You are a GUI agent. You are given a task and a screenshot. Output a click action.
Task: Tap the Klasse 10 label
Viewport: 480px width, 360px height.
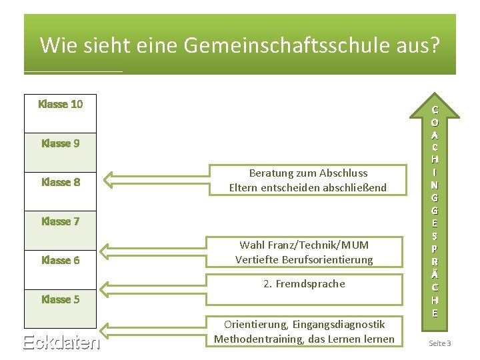(x=61, y=104)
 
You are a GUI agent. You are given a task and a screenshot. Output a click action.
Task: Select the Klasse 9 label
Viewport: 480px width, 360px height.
(x=61, y=143)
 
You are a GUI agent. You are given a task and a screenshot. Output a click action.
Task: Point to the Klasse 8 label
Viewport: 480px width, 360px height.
(x=61, y=182)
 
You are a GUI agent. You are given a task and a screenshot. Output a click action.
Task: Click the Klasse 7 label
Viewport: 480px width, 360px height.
(x=61, y=221)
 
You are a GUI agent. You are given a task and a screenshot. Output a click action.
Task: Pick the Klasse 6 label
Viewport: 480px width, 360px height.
(x=61, y=260)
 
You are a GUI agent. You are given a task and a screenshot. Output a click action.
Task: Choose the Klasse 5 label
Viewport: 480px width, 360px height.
(x=61, y=299)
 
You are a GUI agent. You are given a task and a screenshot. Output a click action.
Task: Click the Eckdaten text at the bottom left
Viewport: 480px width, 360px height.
(x=61, y=343)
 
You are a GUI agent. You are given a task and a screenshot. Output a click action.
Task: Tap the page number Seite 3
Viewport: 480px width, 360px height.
(x=440, y=343)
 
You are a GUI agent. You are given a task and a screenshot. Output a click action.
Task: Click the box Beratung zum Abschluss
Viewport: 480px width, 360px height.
(x=307, y=180)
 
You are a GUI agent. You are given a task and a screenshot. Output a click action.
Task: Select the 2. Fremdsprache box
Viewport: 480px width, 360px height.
(x=304, y=284)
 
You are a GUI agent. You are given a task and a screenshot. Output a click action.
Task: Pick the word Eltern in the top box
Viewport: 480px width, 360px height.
(x=244, y=188)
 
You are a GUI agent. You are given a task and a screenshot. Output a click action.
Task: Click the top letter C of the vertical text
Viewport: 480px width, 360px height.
(x=435, y=110)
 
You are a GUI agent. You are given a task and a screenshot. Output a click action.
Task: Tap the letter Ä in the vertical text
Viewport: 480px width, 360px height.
(x=435, y=274)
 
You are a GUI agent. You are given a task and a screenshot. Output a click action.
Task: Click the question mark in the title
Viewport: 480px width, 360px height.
(x=435, y=45)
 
